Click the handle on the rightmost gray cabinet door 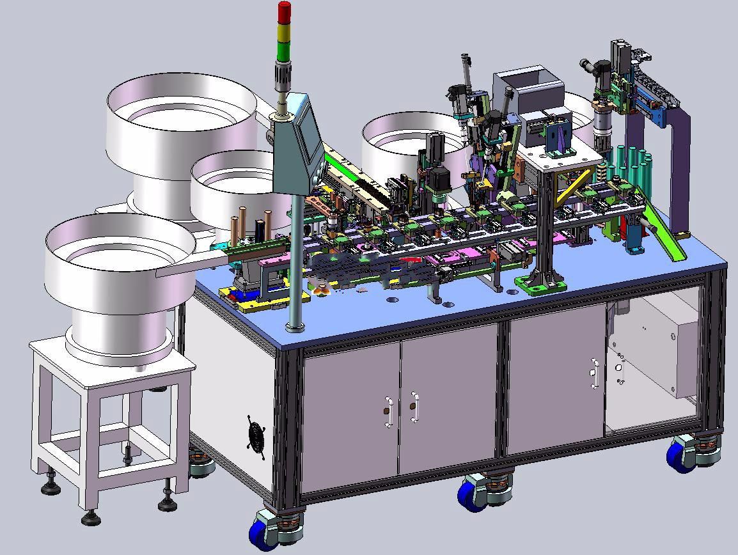click(x=594, y=373)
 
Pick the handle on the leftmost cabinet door click(x=388, y=412)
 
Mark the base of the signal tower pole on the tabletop click(x=295, y=327)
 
